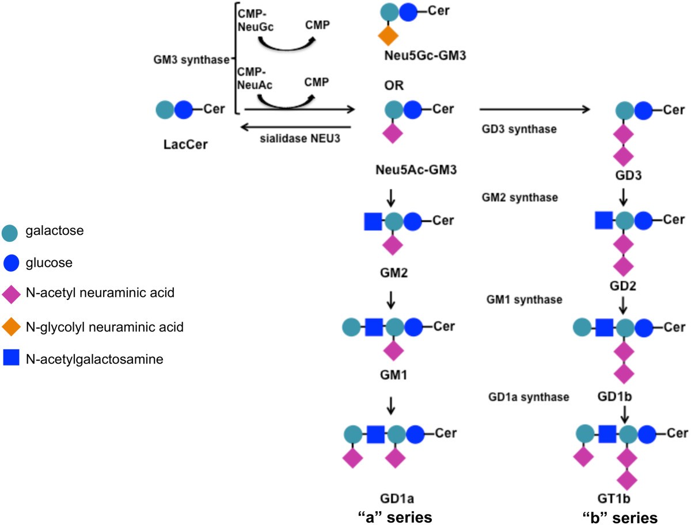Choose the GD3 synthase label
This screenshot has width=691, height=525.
click(519, 129)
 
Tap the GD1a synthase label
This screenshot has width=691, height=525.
click(528, 397)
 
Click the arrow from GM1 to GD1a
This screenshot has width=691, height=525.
click(392, 406)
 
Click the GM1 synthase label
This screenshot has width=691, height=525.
click(524, 299)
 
